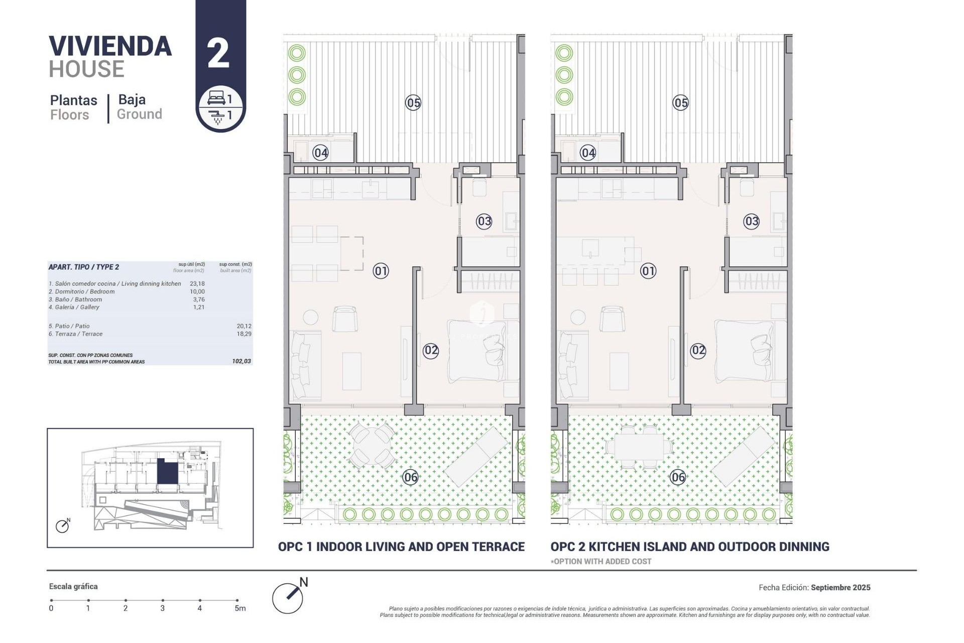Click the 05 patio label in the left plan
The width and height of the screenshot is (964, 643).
(x=413, y=103)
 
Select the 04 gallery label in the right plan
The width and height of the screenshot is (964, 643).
(x=587, y=152)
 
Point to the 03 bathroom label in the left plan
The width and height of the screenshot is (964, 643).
(x=484, y=221)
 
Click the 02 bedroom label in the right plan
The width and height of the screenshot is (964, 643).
(x=698, y=350)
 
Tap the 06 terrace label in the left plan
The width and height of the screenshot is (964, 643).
(x=410, y=477)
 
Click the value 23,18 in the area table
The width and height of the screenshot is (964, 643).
(x=197, y=284)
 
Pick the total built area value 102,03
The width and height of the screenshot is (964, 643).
(x=242, y=361)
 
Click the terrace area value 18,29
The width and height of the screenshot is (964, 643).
(x=244, y=334)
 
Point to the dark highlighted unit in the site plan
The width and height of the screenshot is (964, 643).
(x=167, y=472)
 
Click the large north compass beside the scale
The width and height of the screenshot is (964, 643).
(x=288, y=598)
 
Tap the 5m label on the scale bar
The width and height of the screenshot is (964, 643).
(x=240, y=608)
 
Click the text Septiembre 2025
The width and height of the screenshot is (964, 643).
(x=840, y=587)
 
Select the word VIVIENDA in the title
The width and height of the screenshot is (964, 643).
(x=110, y=46)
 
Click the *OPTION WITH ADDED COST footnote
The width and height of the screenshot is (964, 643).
(x=601, y=562)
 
